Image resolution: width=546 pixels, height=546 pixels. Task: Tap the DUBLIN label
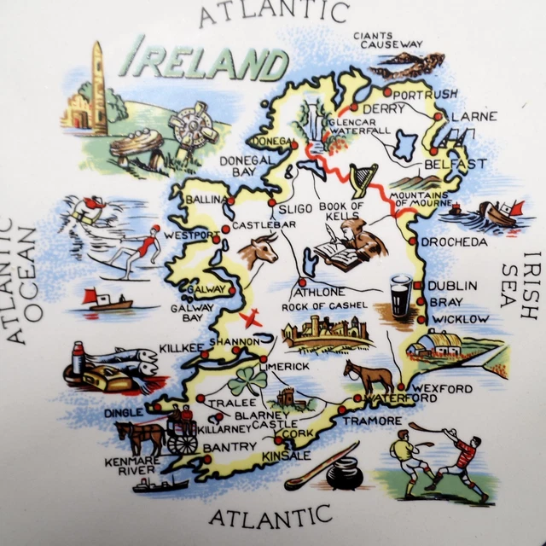click(x=452, y=286)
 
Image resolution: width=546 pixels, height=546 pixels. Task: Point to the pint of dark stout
click(x=400, y=299)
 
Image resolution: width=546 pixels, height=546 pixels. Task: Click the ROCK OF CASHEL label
click(x=327, y=305)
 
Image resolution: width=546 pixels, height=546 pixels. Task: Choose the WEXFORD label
click(x=444, y=389)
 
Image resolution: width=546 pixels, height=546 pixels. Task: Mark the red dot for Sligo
click(x=271, y=205)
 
